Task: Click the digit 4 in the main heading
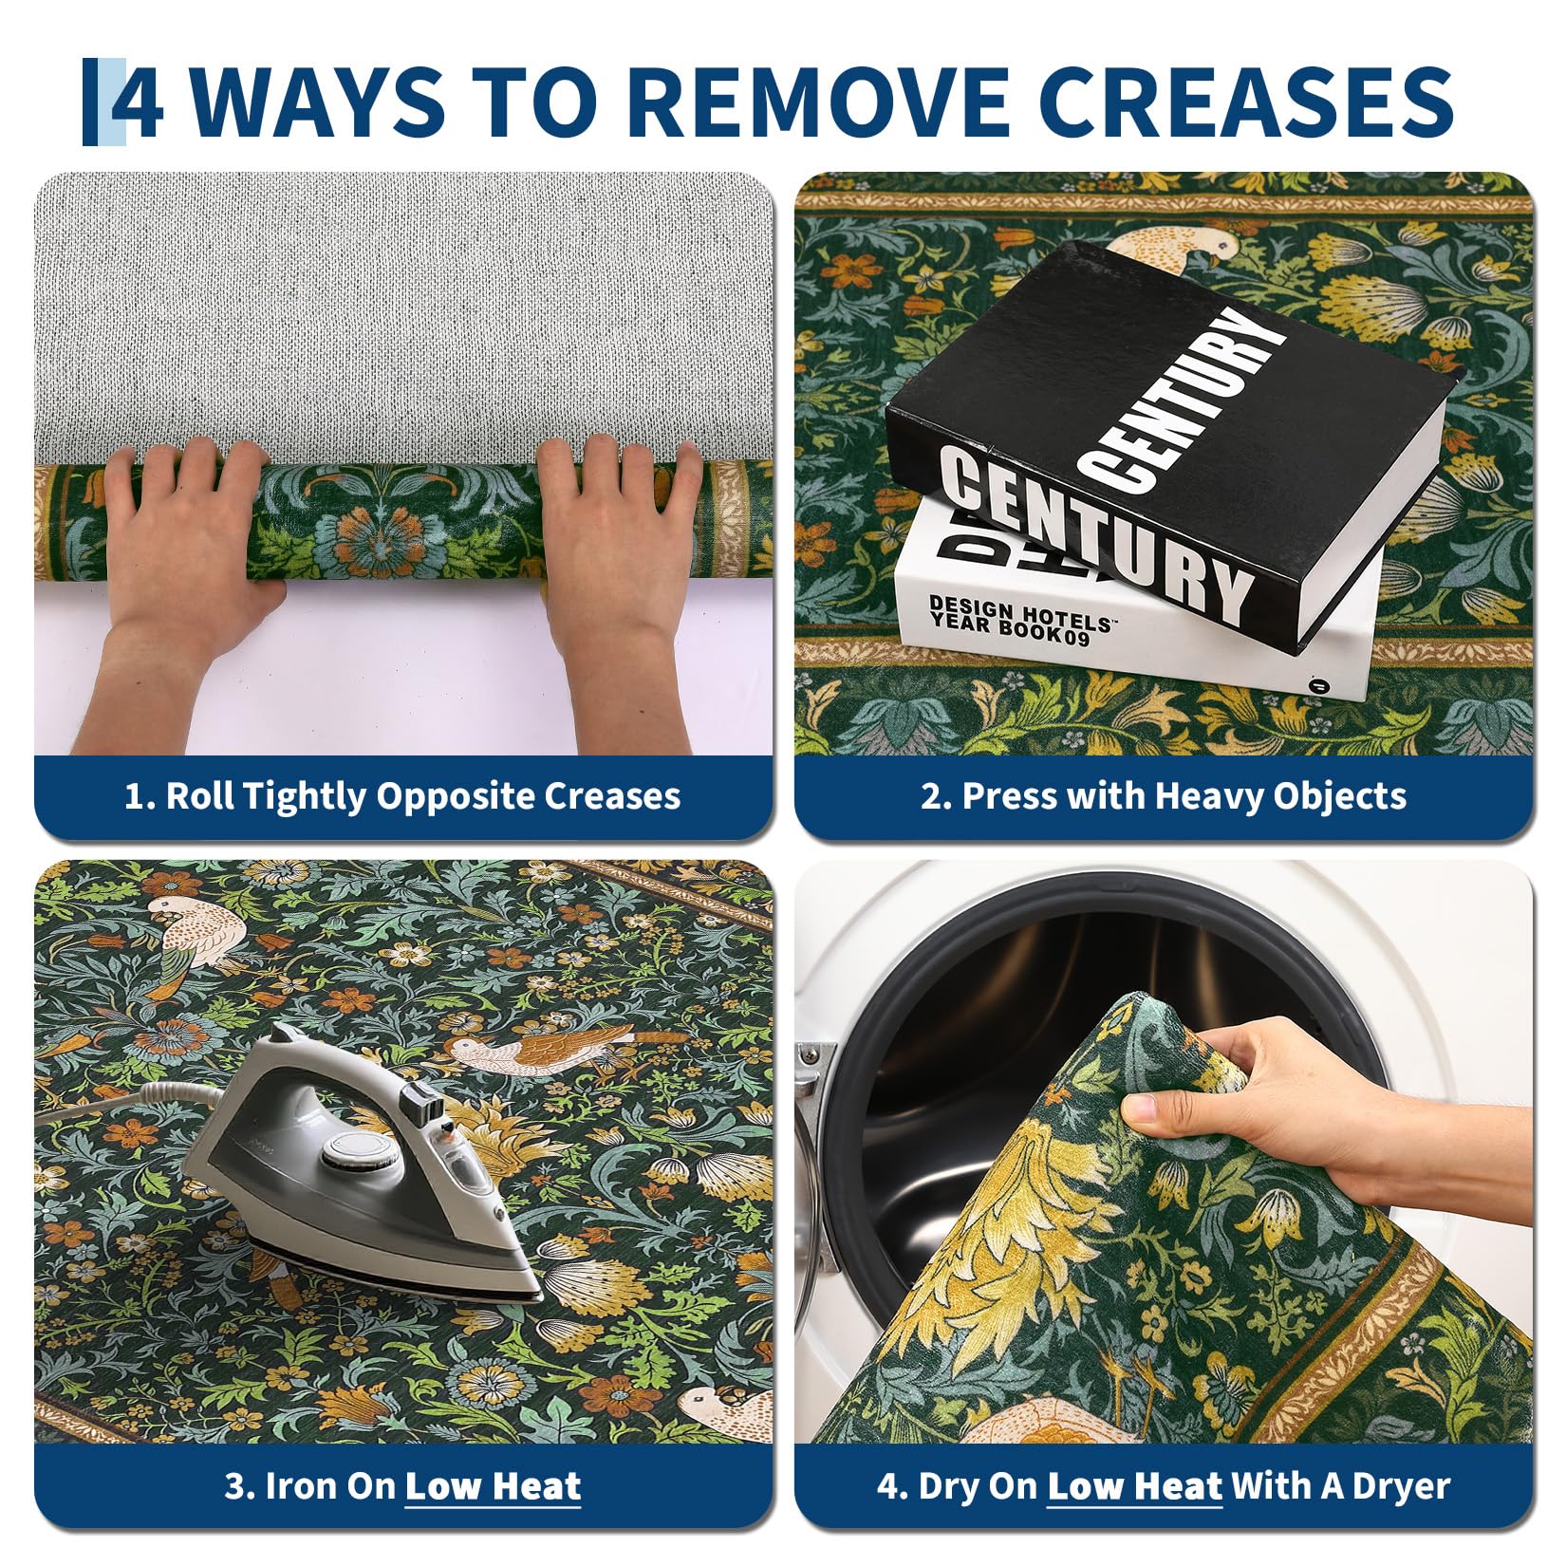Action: click(x=138, y=102)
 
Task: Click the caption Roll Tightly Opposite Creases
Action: click(x=402, y=795)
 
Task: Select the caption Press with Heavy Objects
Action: click(x=1164, y=795)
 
